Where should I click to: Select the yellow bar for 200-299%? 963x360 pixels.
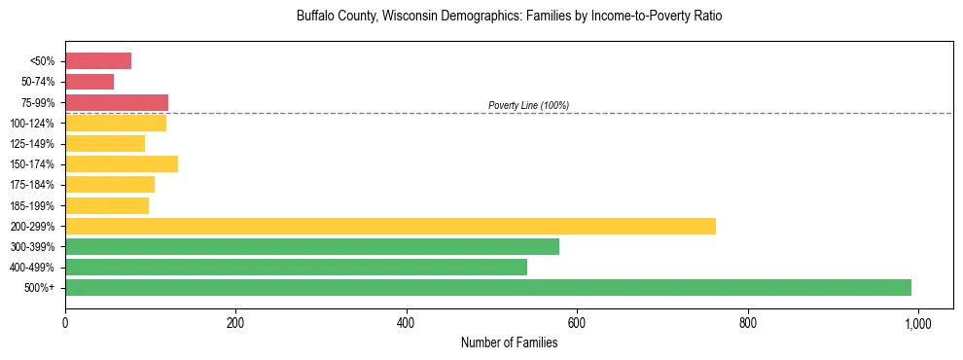click(390, 226)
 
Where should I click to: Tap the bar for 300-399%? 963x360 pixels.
click(312, 246)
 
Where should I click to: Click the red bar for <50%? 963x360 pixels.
click(98, 61)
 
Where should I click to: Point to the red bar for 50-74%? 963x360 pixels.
click(89, 82)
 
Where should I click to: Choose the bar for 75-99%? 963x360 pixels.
click(117, 102)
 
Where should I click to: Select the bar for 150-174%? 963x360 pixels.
click(122, 163)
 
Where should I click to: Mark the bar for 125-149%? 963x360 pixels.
click(105, 143)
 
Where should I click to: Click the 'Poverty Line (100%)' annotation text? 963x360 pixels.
click(528, 105)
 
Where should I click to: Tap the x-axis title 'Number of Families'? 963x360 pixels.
click(509, 342)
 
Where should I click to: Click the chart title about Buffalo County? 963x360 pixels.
click(509, 17)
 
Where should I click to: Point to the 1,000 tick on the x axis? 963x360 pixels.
click(917, 322)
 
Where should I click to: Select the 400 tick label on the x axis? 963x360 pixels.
click(407, 322)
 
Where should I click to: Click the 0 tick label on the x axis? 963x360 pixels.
click(65, 322)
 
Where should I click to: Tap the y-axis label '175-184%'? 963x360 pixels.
click(32, 185)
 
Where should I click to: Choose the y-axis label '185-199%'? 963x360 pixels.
click(32, 205)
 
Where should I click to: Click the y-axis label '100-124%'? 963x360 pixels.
click(32, 124)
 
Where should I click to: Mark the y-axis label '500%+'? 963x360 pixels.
click(38, 288)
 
